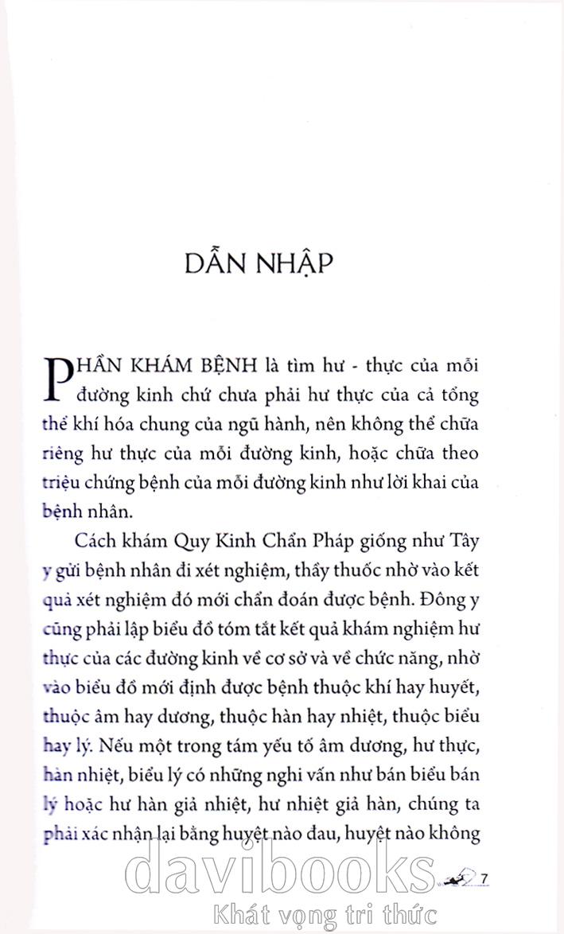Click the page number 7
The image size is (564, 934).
[x=483, y=878]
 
